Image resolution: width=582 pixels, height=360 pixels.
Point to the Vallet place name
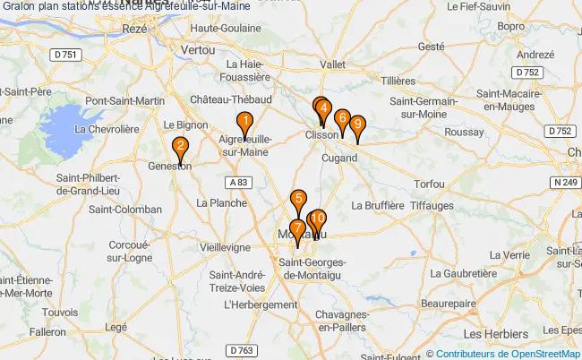coord(333,64)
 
